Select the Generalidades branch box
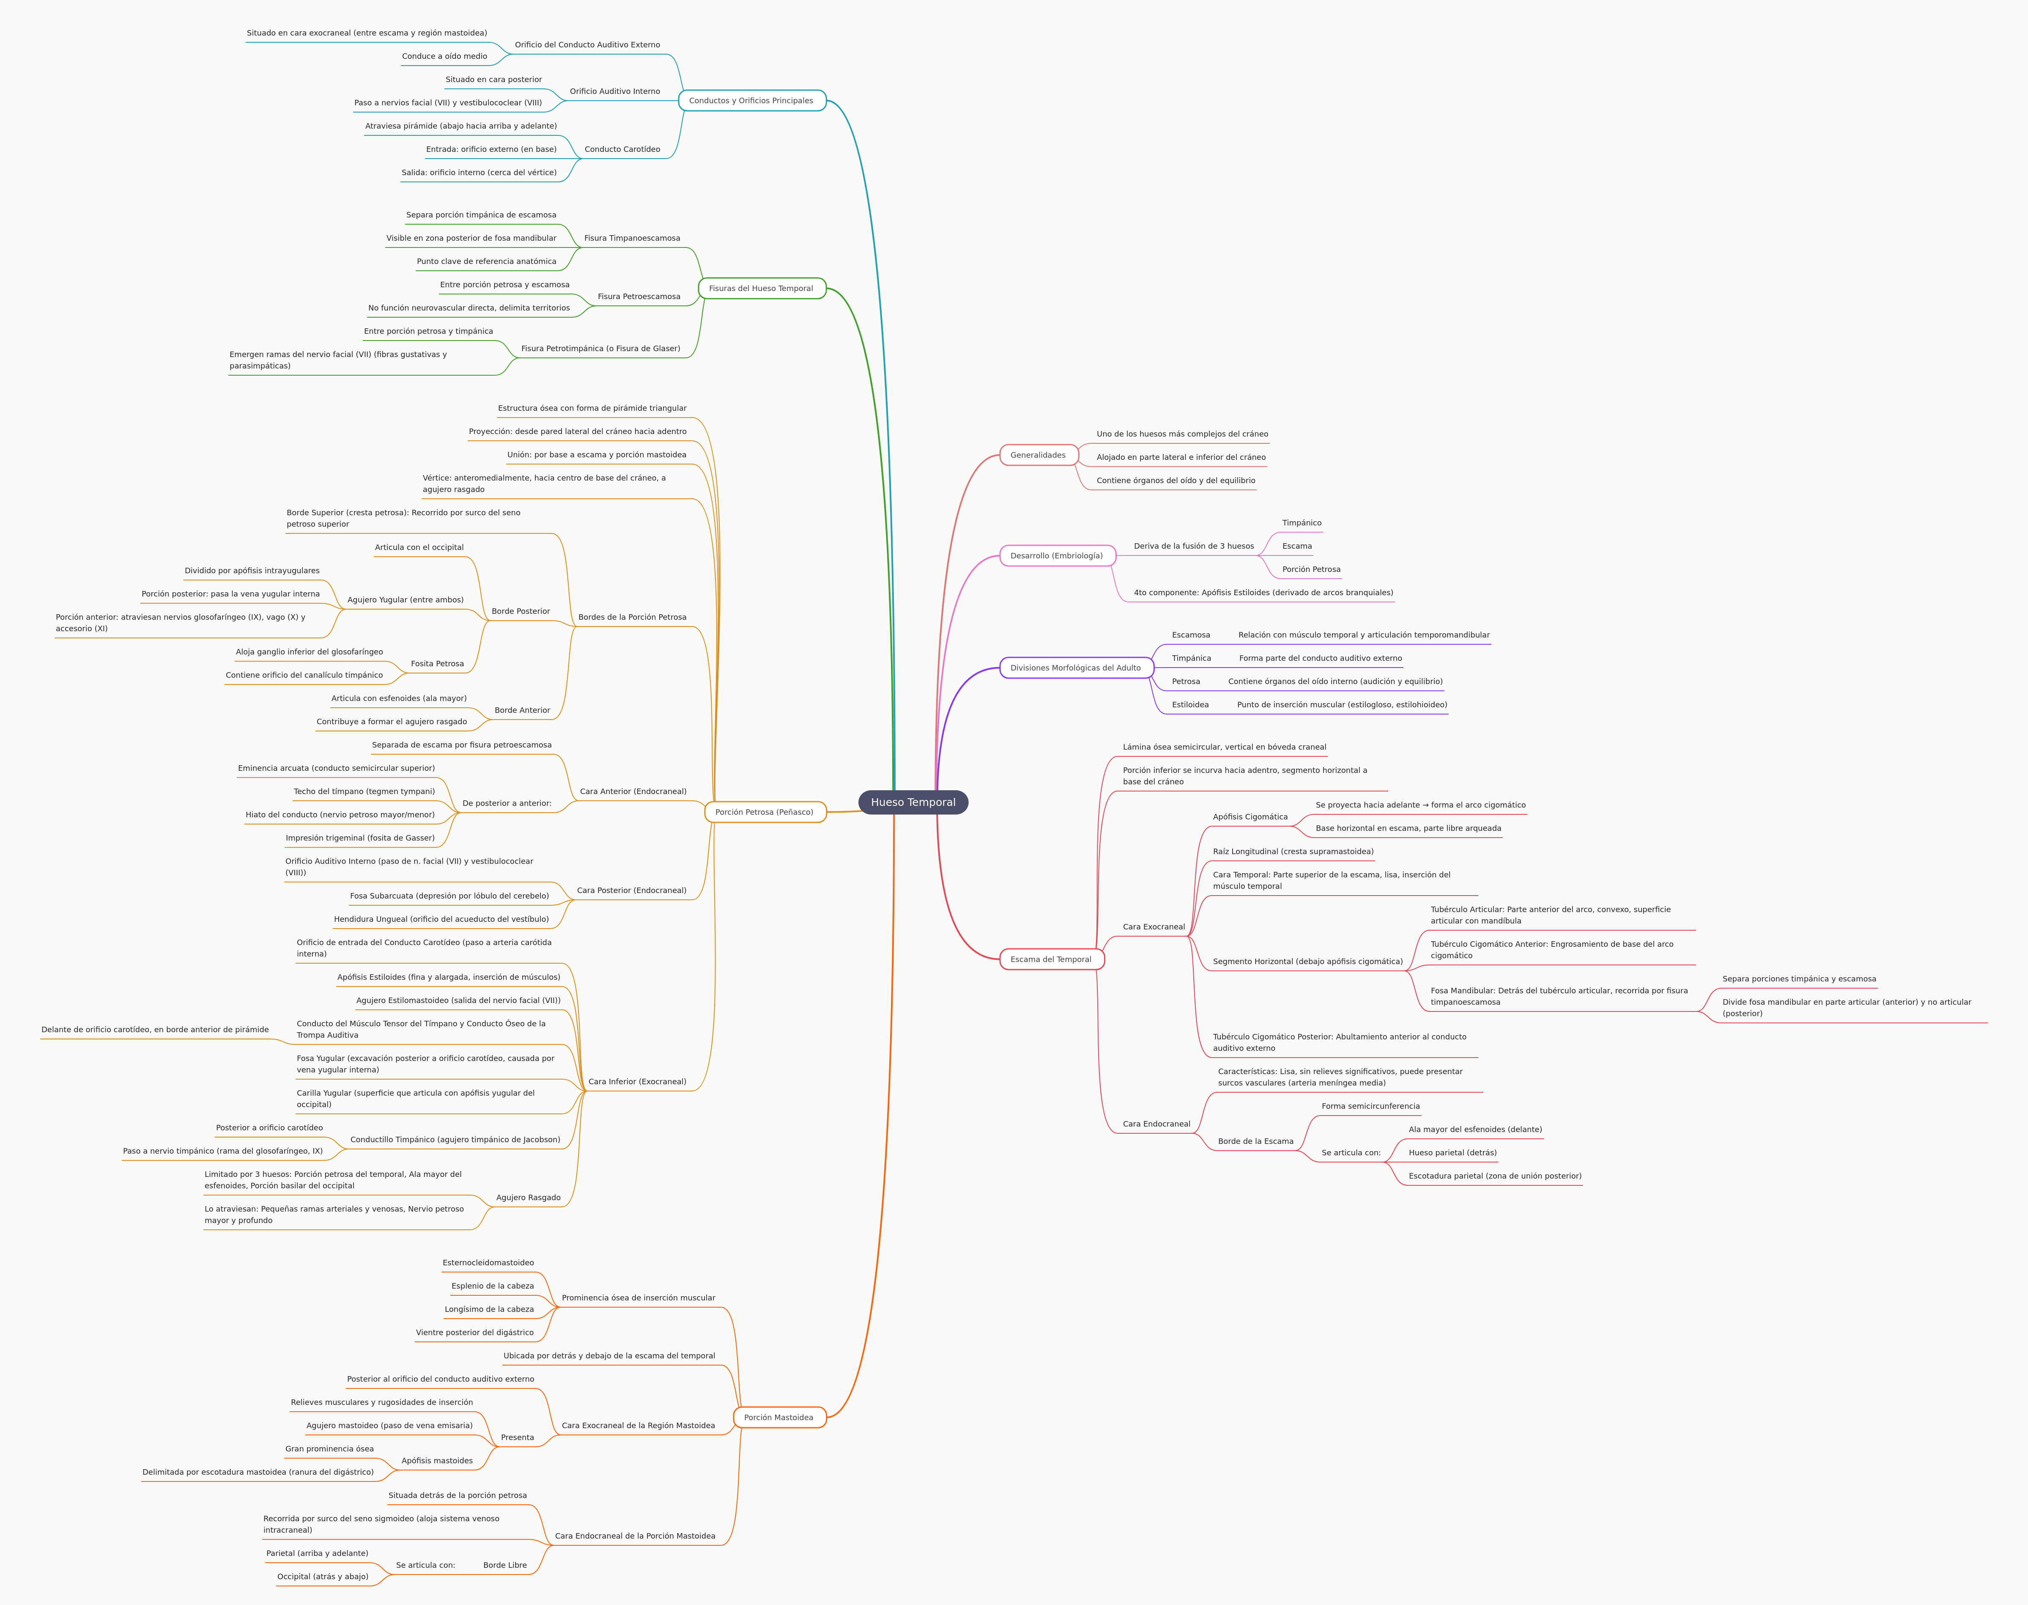(1038, 455)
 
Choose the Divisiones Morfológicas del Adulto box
(1076, 668)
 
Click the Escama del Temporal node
(1051, 959)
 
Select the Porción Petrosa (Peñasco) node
(765, 812)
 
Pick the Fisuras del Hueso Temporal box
(761, 289)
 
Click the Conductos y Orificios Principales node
(751, 101)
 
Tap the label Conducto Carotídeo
(622, 149)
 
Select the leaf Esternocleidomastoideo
(488, 1263)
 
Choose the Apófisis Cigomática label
(1250, 816)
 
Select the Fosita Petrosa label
(437, 663)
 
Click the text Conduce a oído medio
(444, 56)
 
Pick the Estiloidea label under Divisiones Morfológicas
(1190, 705)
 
